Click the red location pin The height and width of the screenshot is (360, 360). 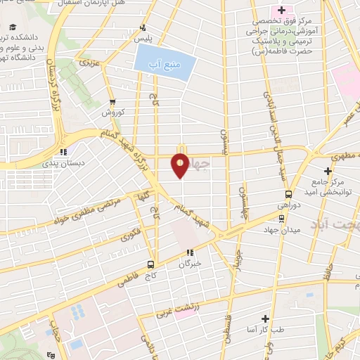tap(180, 165)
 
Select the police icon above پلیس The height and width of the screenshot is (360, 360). tap(143, 28)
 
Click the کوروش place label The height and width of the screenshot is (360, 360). tap(112, 112)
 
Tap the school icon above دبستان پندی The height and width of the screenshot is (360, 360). tap(63, 150)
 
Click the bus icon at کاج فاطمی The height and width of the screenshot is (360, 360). tap(151, 264)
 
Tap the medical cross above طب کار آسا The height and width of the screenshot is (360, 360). tap(265, 319)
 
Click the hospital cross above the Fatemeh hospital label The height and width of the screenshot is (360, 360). tap(281, 10)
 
